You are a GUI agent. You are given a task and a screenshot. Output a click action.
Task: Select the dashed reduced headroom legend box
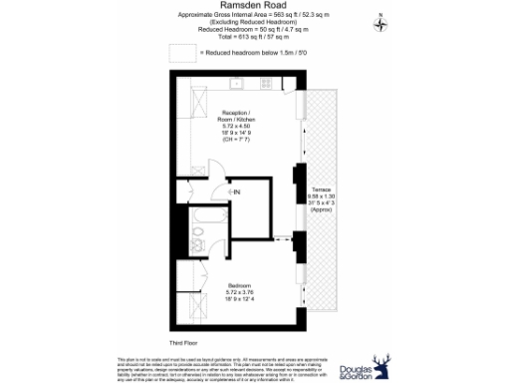point(182,51)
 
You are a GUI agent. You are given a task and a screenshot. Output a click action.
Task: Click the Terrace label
point(321,190)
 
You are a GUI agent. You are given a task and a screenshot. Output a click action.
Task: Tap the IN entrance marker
point(236,190)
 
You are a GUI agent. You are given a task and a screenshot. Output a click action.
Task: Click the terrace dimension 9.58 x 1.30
point(321,196)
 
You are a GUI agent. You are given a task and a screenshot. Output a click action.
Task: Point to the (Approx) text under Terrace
point(321,211)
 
